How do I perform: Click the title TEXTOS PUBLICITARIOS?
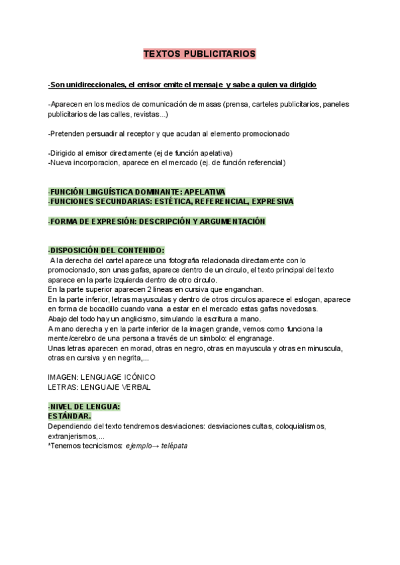(200, 54)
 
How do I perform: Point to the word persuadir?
(104, 133)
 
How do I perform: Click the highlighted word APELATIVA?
(203, 191)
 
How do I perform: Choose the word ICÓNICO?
(137, 377)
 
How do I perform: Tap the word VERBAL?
(135, 386)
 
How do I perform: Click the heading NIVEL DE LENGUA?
(86, 406)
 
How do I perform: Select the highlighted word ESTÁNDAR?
(69, 416)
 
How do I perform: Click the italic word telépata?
(171, 445)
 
